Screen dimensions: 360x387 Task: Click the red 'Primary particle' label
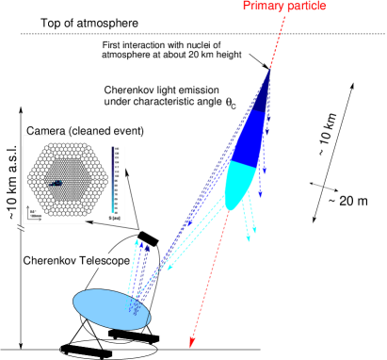(283, 7)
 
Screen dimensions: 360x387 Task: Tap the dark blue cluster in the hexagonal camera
(56, 183)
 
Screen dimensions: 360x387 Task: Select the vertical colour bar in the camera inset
(113, 178)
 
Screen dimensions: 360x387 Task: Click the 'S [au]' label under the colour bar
(113, 218)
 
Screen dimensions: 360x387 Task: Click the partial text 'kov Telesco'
(90, 259)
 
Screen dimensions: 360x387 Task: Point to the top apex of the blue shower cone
(271, 69)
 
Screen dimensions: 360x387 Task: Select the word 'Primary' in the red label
(263, 7)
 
